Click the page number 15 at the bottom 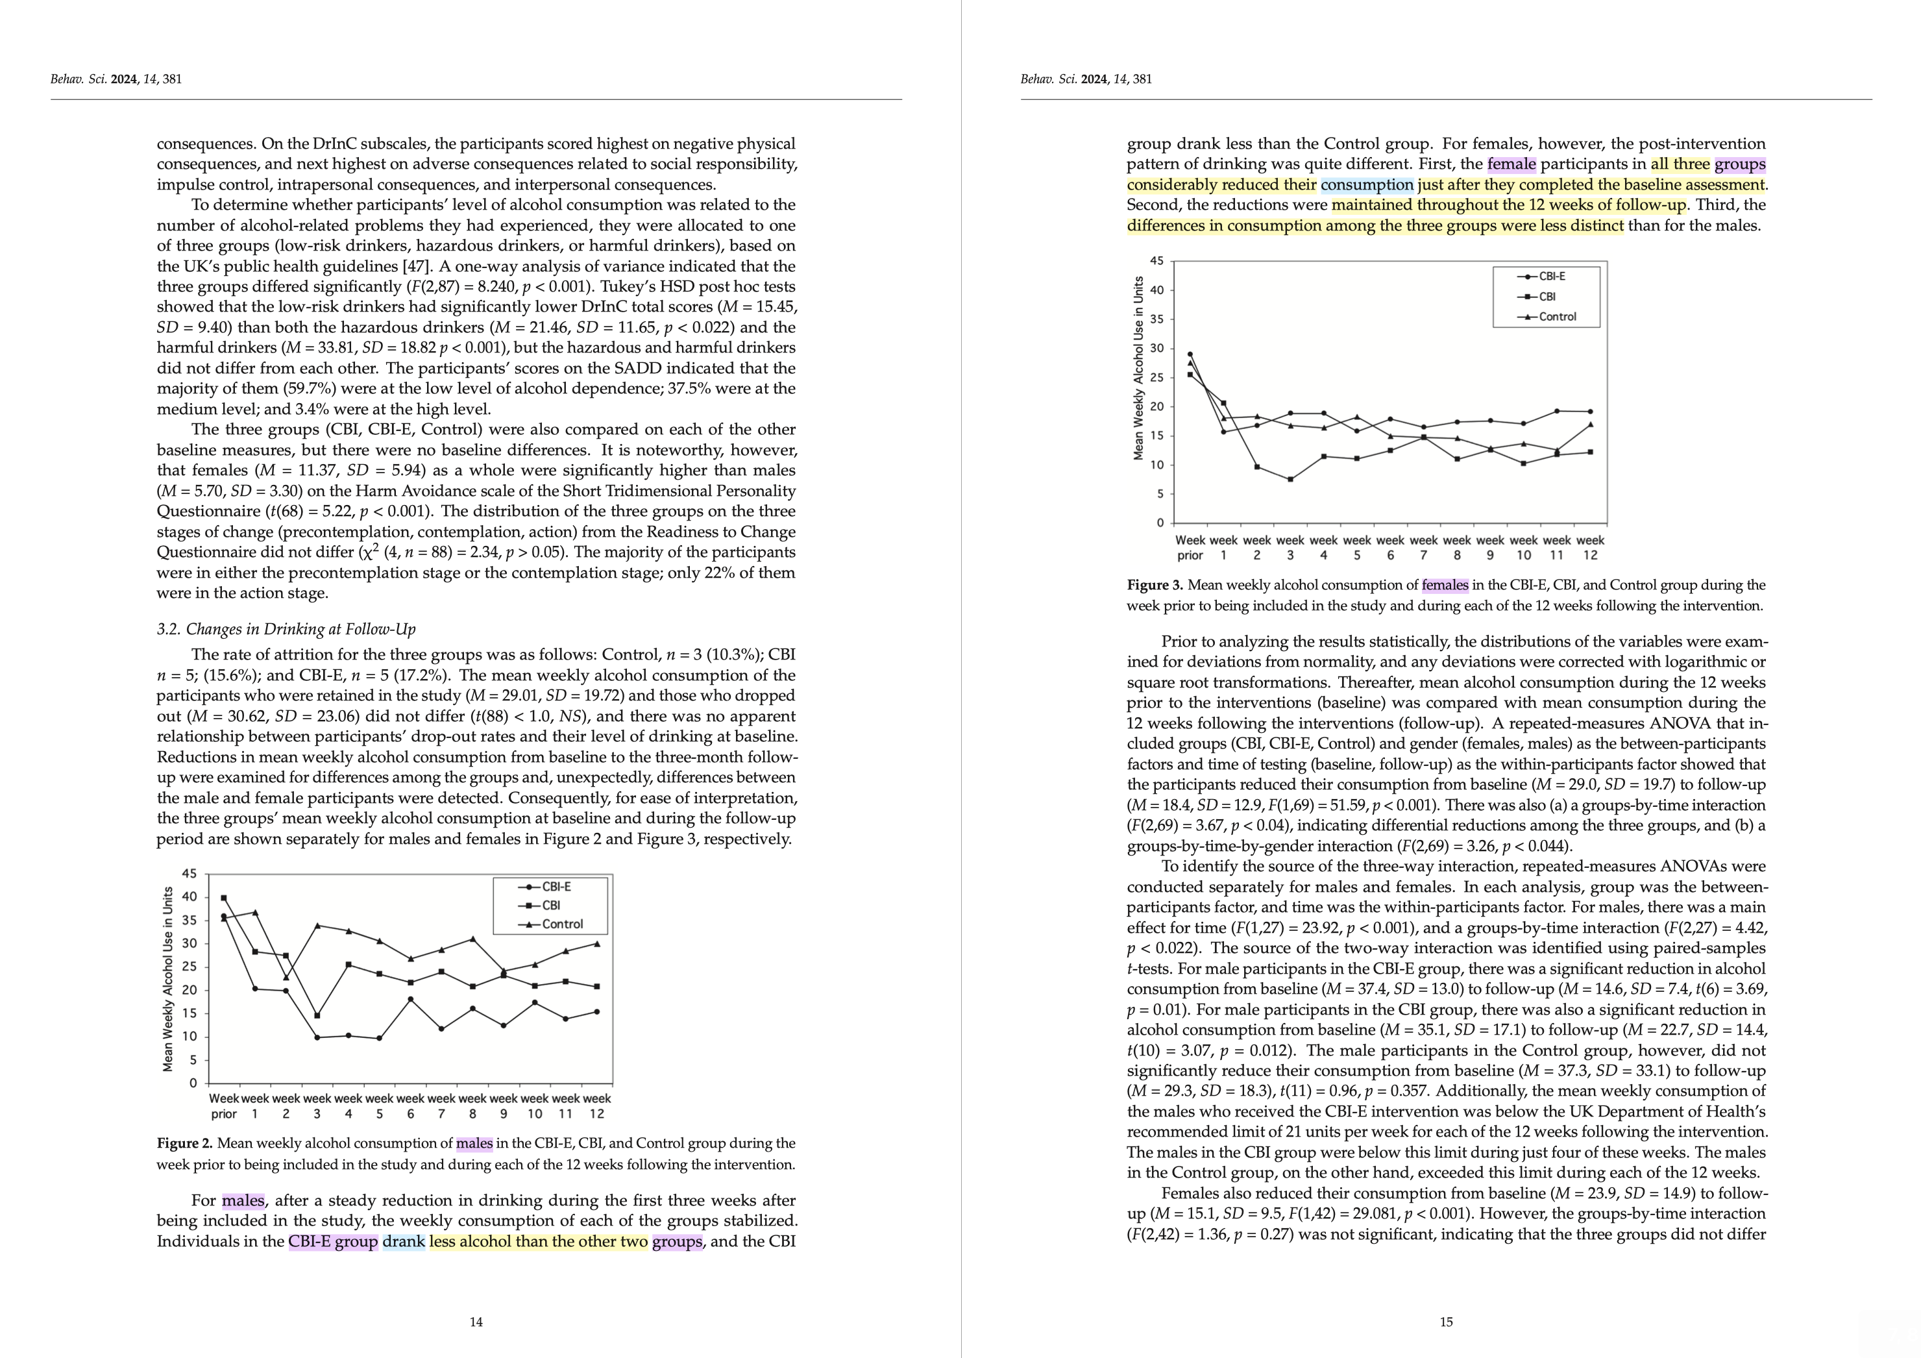1446,1322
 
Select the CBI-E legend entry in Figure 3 1551,276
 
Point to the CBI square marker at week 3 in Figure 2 317,1015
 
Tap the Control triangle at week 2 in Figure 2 286,978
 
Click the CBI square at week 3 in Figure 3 1290,480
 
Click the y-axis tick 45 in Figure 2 190,874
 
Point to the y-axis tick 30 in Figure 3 1156,348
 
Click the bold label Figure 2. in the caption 184,1143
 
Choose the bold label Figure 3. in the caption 1155,585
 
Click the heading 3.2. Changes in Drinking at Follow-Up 286,629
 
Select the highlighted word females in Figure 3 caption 1445,585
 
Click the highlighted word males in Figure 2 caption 474,1143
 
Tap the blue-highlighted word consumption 1367,185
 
